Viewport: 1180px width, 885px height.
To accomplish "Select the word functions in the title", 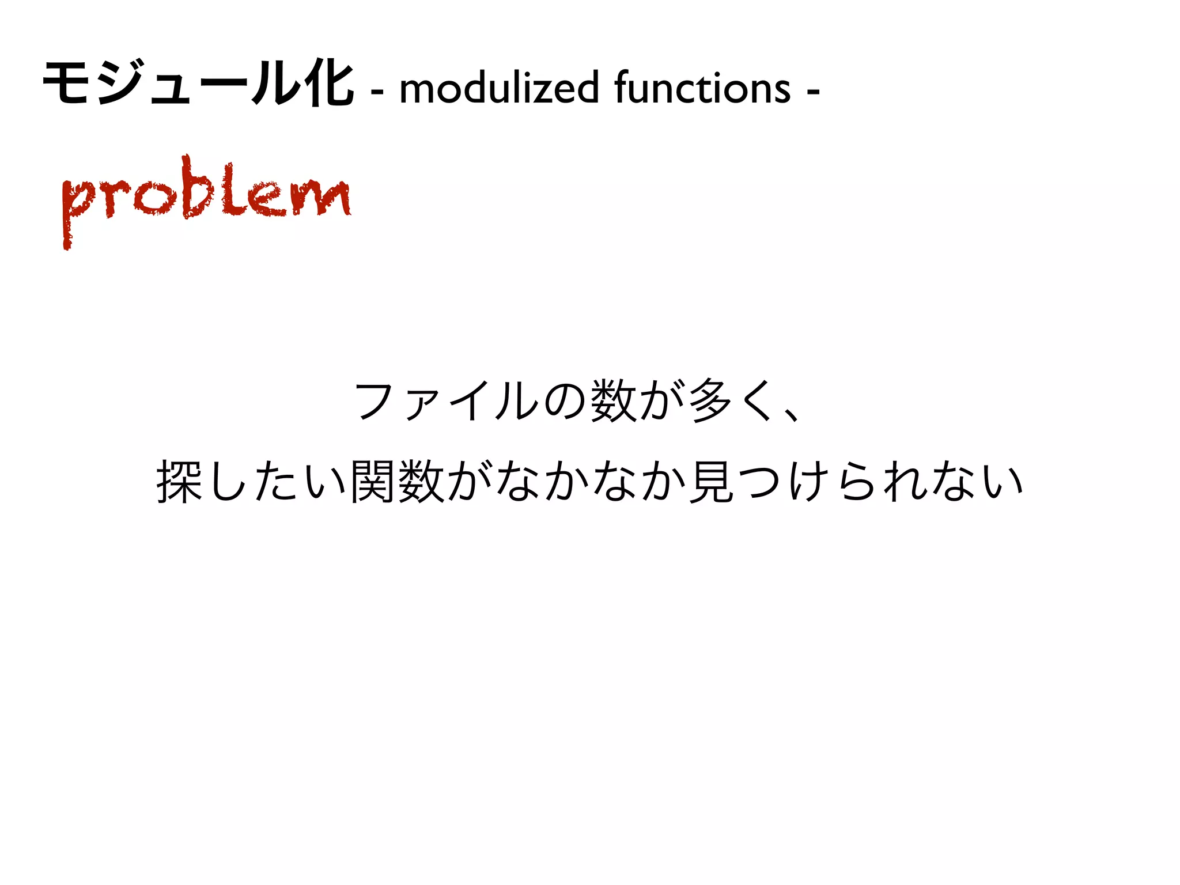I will pos(702,88).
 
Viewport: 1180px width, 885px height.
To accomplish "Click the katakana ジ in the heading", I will pos(120,85).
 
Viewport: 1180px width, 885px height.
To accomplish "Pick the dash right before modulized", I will pos(377,91).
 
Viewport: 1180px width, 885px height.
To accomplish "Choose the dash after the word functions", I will pos(813,91).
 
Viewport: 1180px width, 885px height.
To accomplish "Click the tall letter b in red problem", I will pos(196,187).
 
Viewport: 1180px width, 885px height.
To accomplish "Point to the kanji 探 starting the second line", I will pos(179,482).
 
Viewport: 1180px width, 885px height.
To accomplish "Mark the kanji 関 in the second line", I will pos(372,482).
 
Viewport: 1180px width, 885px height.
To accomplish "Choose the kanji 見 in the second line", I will pos(711,482).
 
